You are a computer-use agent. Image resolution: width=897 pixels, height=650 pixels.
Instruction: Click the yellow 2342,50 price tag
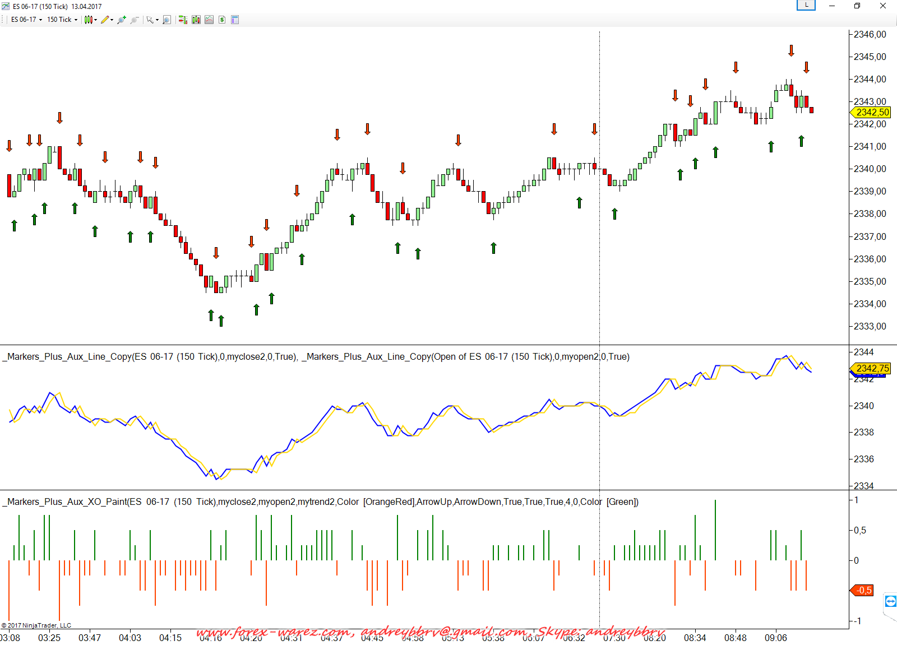(872, 112)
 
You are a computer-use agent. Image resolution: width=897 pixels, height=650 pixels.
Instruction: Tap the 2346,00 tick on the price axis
(870, 34)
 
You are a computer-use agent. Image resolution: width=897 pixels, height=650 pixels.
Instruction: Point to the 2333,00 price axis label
(870, 326)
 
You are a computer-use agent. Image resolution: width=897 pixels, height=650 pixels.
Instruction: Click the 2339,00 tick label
(870, 191)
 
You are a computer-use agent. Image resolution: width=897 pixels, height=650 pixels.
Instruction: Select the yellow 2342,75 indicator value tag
(872, 368)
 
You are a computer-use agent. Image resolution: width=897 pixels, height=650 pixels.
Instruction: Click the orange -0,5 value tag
(863, 590)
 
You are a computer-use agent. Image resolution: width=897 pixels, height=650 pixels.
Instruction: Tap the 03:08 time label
(10, 638)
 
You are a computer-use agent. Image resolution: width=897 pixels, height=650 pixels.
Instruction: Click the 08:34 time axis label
(695, 638)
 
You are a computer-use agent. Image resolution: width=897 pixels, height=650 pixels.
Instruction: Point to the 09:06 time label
(775, 638)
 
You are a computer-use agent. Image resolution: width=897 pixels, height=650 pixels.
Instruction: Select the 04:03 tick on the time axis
(130, 638)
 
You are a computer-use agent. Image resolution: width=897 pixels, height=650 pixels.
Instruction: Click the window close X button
(882, 6)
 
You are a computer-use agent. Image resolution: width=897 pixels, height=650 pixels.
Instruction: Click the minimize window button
(832, 6)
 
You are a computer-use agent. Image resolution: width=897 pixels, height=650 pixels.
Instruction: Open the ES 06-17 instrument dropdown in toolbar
(26, 20)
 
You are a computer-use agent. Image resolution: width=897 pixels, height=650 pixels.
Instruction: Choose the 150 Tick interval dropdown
(62, 20)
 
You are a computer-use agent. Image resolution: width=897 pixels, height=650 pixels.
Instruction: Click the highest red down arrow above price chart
(791, 50)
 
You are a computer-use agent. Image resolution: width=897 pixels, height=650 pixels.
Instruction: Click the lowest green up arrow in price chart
(221, 321)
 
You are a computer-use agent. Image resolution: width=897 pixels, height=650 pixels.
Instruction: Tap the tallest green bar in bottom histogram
(715, 530)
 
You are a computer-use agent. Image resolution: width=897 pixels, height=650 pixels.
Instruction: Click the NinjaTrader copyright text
(36, 625)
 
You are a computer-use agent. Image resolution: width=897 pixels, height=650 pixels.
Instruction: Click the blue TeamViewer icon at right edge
(890, 601)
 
